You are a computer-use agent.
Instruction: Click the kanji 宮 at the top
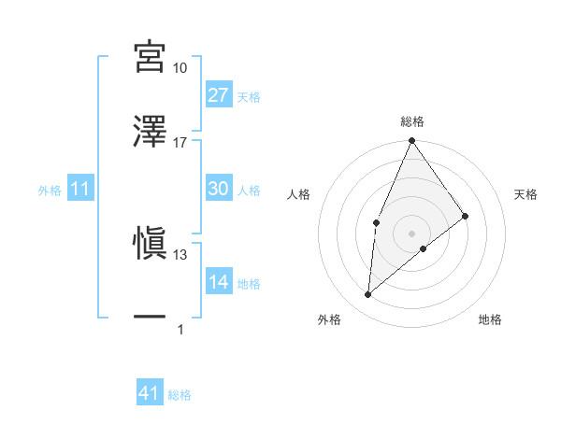point(150,57)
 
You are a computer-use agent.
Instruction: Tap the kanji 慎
point(150,243)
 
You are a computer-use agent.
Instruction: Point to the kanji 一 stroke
point(150,318)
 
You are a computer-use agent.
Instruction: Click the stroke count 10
point(180,68)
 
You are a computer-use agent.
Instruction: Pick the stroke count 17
point(180,142)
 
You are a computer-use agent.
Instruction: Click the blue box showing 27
point(218,95)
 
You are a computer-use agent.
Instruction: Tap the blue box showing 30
point(218,189)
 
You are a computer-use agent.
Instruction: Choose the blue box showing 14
point(218,282)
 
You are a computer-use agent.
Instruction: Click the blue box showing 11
point(80,189)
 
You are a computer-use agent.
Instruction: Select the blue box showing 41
point(150,393)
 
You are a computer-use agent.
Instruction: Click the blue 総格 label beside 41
point(180,395)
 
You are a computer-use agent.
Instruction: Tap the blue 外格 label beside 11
point(50,191)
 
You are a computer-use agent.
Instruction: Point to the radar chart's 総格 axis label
point(412,121)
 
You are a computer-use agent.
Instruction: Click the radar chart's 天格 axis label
point(526,194)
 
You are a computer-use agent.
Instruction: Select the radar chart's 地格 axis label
point(490,319)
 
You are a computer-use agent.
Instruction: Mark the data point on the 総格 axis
point(411,141)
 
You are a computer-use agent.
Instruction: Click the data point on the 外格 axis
point(368,295)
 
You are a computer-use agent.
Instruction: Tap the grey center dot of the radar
point(411,233)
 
